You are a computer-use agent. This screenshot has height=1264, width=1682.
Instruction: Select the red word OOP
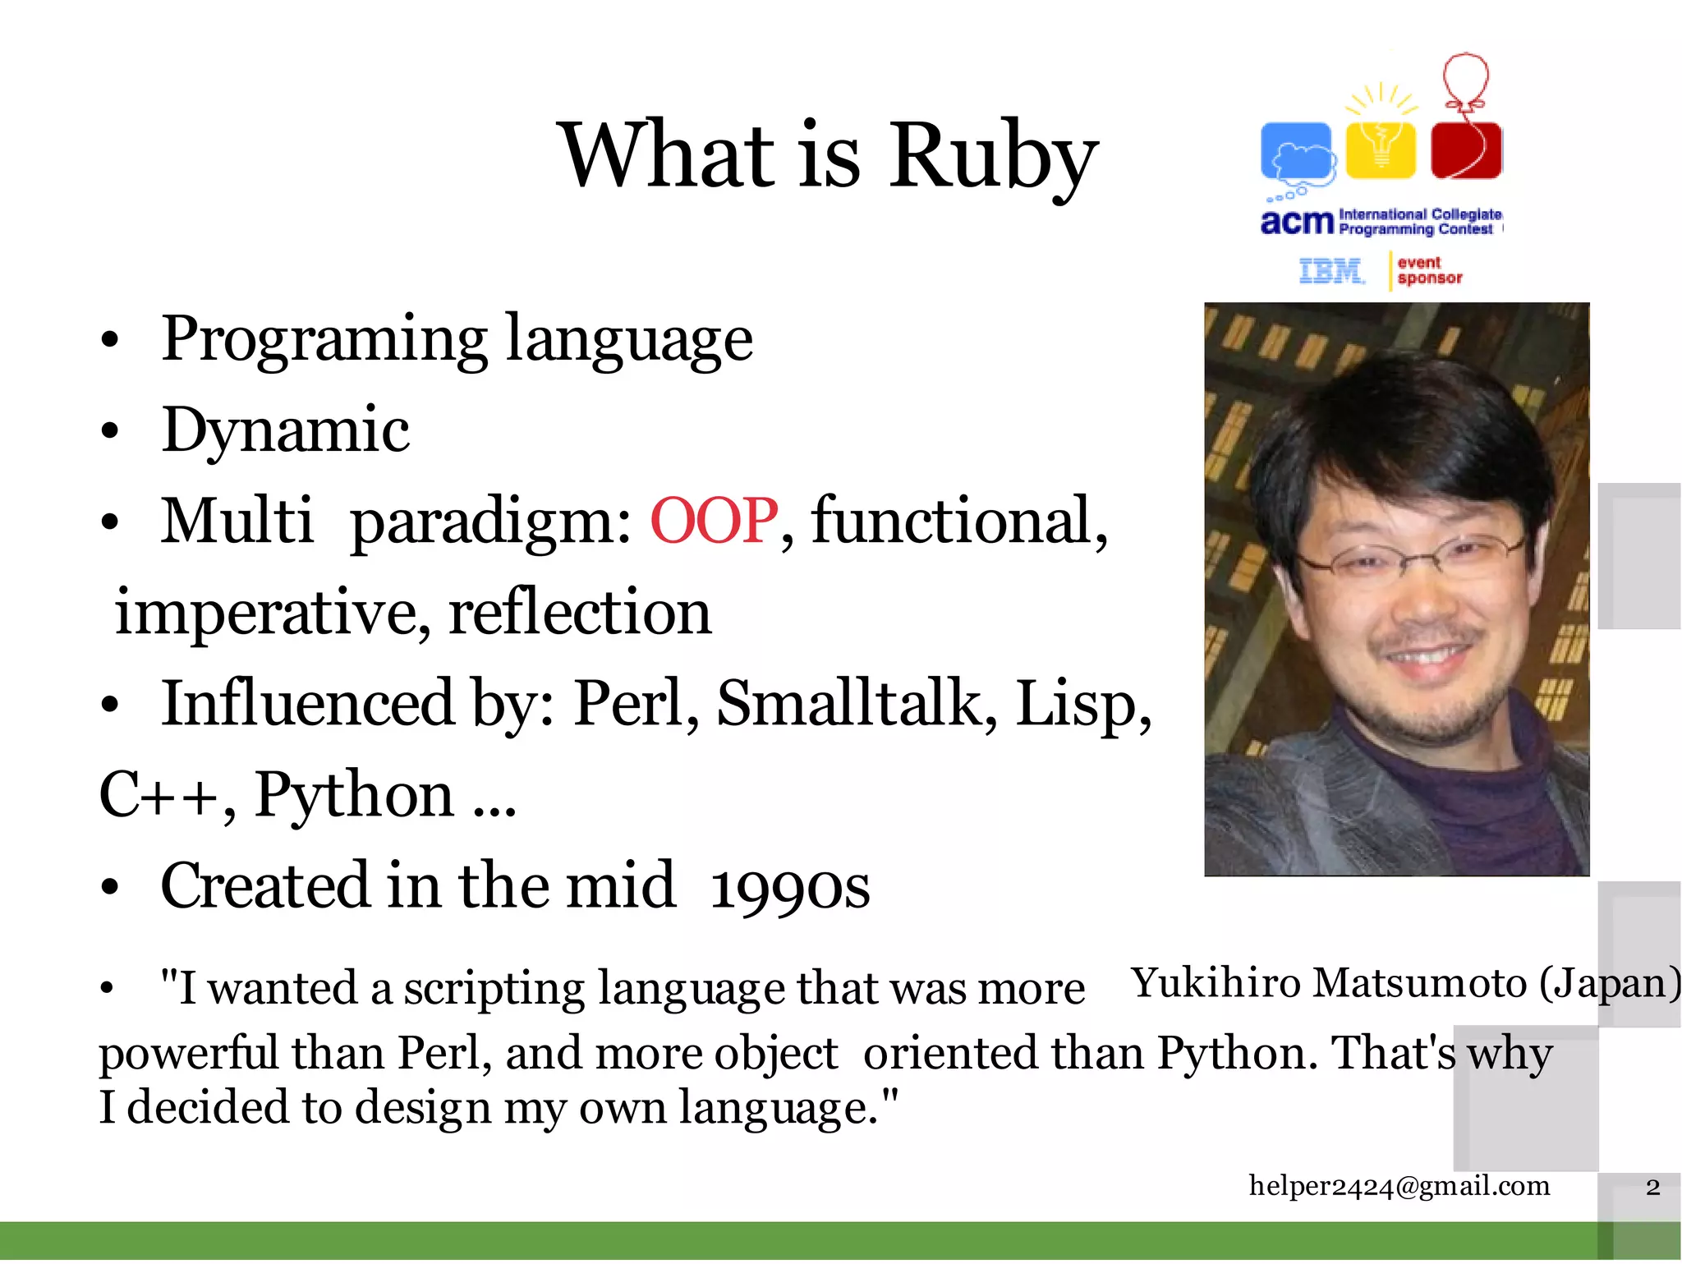pos(713,521)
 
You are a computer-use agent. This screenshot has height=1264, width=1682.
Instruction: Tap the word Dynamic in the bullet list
pos(285,430)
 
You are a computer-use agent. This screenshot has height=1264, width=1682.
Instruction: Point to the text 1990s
pos(789,887)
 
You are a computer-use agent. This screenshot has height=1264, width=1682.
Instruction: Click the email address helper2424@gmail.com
pos(1399,1185)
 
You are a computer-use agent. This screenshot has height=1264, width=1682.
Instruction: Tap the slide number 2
pos(1652,1187)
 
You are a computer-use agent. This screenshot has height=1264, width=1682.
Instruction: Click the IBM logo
pos(1330,270)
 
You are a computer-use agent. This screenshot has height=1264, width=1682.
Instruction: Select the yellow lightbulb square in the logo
pos(1381,149)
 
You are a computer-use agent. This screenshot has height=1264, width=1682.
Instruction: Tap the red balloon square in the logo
pos(1466,149)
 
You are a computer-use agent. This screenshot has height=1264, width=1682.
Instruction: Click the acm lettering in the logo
pos(1296,222)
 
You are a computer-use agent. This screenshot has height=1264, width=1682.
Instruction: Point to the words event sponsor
pos(1429,270)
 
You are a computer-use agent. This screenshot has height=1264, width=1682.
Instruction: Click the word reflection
pos(580,613)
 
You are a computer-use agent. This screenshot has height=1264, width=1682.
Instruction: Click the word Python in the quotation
pos(1232,1054)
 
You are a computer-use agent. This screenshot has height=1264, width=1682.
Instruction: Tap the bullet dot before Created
pos(110,888)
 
